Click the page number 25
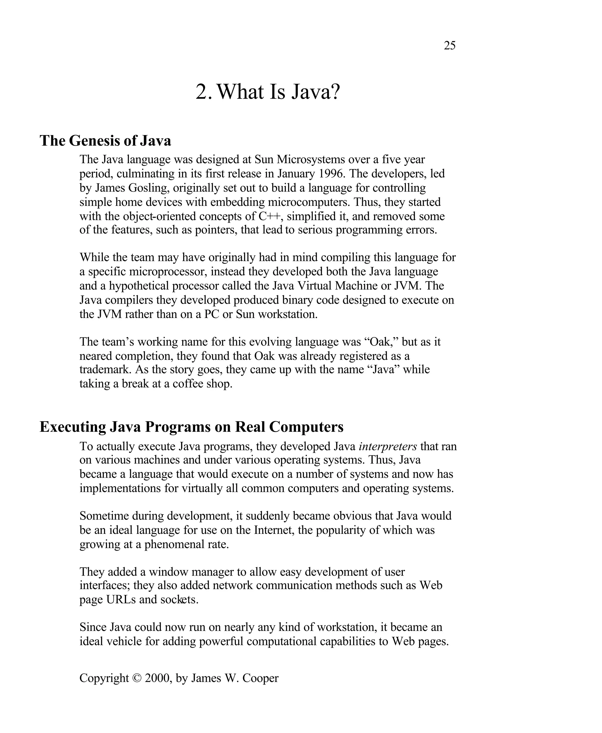pos(449,46)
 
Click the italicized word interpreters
pos(388,446)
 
